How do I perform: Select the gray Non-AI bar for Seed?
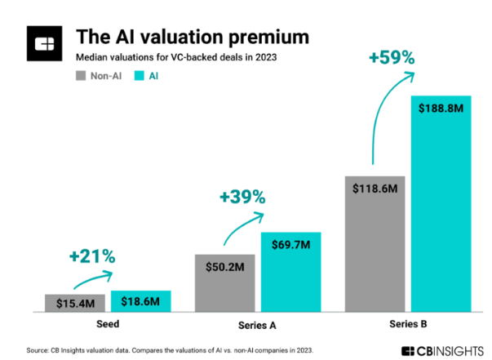click(75, 303)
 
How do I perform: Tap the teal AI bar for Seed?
click(141, 301)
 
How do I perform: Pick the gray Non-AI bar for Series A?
click(224, 282)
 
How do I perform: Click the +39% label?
click(242, 196)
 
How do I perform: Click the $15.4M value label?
click(75, 303)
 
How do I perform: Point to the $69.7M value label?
click(291, 244)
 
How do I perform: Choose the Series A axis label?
click(257, 324)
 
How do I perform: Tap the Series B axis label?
click(408, 324)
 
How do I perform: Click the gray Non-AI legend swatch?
click(81, 76)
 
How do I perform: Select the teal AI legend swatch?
click(137, 76)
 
